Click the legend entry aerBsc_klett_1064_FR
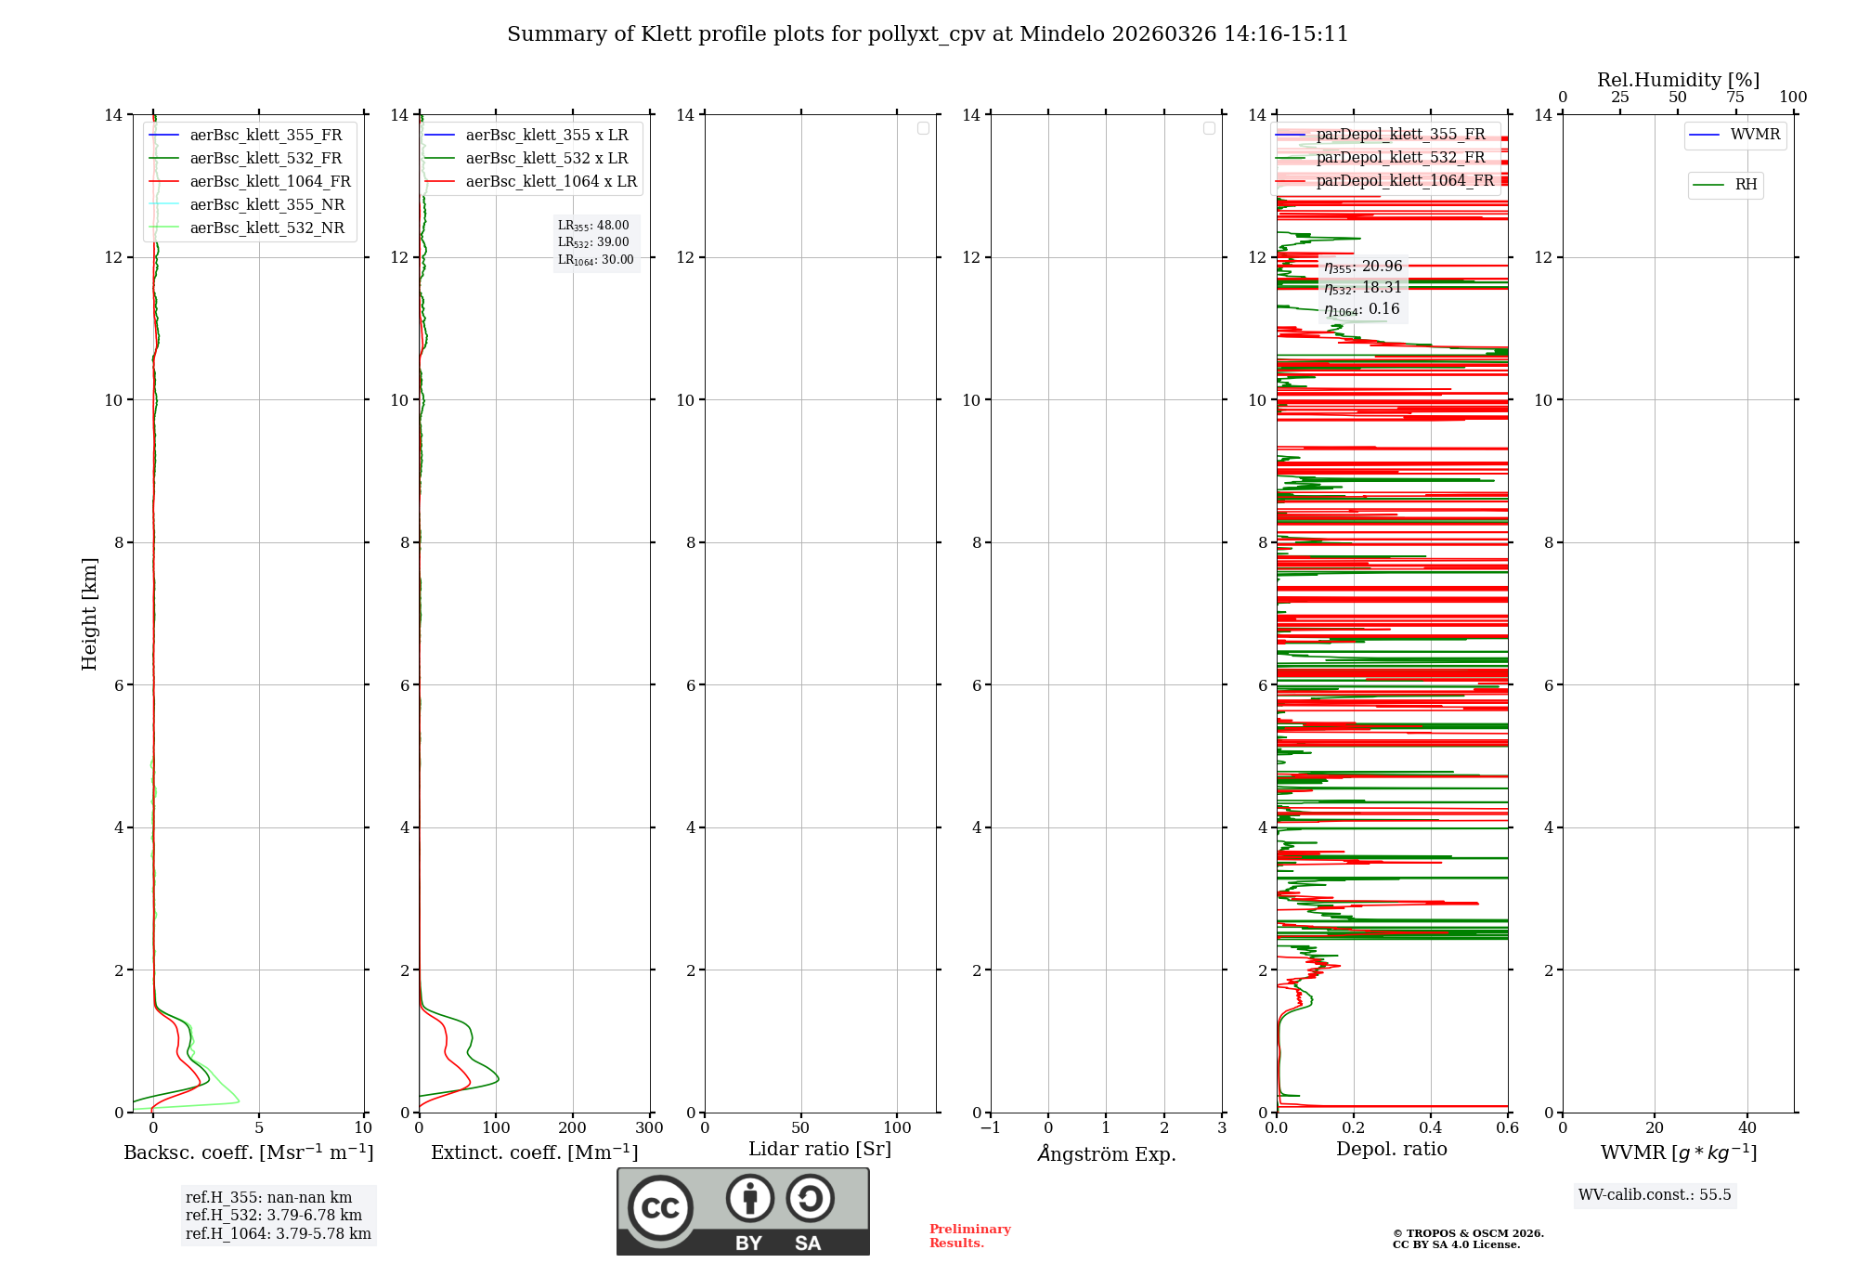pos(269,182)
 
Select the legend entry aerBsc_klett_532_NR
pos(266,228)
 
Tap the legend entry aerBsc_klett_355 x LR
pos(546,136)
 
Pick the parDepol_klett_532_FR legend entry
pos(1400,158)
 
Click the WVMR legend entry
pos(1755,135)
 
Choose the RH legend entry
pos(1746,185)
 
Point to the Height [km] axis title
pos(89,614)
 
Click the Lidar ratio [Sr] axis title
pos(820,1150)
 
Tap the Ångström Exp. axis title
pos(1107,1154)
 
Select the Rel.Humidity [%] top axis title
pos(1678,80)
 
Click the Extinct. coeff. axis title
pos(534,1152)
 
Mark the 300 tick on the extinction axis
pos(649,1128)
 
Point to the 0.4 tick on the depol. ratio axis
pos(1431,1128)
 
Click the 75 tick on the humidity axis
pos(1735,98)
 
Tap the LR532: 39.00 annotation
pos(593,242)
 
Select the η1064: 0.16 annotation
pos(1362,310)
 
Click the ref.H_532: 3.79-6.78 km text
pos(273,1216)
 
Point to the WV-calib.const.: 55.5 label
pos(1655,1195)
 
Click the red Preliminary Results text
pos(969,1236)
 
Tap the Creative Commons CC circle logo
pos(660,1208)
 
